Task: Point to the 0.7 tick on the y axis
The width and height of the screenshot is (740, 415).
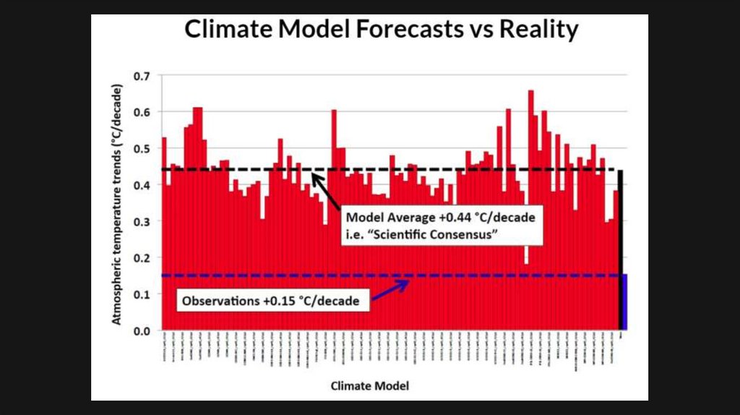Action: tap(140, 76)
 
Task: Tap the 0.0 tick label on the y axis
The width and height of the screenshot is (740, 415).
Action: tap(140, 330)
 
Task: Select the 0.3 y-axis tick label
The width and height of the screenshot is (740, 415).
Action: tap(140, 221)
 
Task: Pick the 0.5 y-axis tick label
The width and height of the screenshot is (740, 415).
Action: tap(140, 149)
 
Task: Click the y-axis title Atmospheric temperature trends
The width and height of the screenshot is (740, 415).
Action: tap(117, 204)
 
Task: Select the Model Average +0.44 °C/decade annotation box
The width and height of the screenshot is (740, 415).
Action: tap(441, 226)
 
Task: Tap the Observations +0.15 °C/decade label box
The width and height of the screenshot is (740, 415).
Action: tap(270, 300)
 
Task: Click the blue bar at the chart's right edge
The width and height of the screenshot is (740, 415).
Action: tap(623, 302)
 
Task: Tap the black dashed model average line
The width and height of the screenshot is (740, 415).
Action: tap(217, 170)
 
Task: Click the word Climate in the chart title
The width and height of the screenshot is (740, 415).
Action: tap(228, 30)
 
